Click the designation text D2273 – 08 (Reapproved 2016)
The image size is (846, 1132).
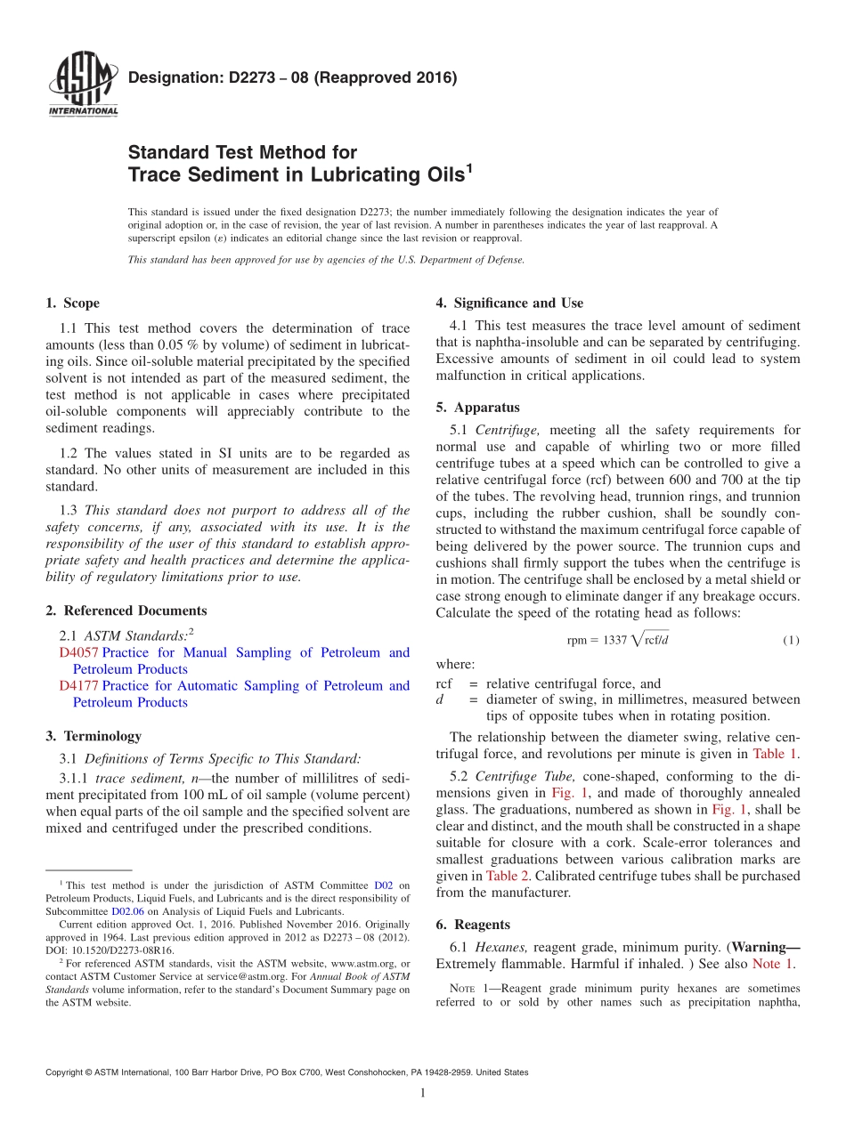coord(292,77)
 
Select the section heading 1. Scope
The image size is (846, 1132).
coord(72,303)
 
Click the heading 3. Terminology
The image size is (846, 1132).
coord(94,736)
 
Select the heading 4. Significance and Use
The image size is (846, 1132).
coord(509,303)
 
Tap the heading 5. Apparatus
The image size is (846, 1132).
coord(477,408)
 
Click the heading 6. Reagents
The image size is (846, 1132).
coord(473,925)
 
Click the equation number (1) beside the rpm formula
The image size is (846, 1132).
coord(791,640)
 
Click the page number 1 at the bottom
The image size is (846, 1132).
coord(423,1094)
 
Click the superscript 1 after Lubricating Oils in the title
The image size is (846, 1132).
coord(468,166)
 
